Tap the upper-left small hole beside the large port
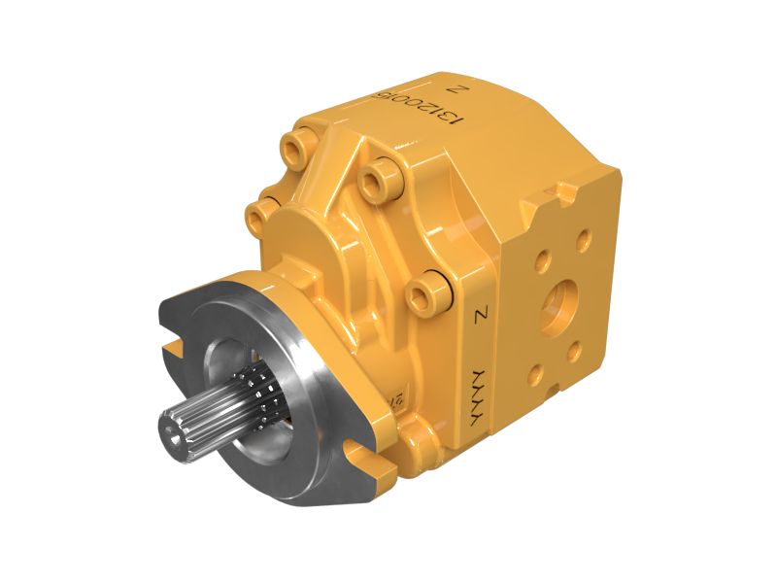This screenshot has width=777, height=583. coord(542,259)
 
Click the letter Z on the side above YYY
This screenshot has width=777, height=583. coord(479,315)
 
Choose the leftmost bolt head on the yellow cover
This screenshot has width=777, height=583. coord(259,211)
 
